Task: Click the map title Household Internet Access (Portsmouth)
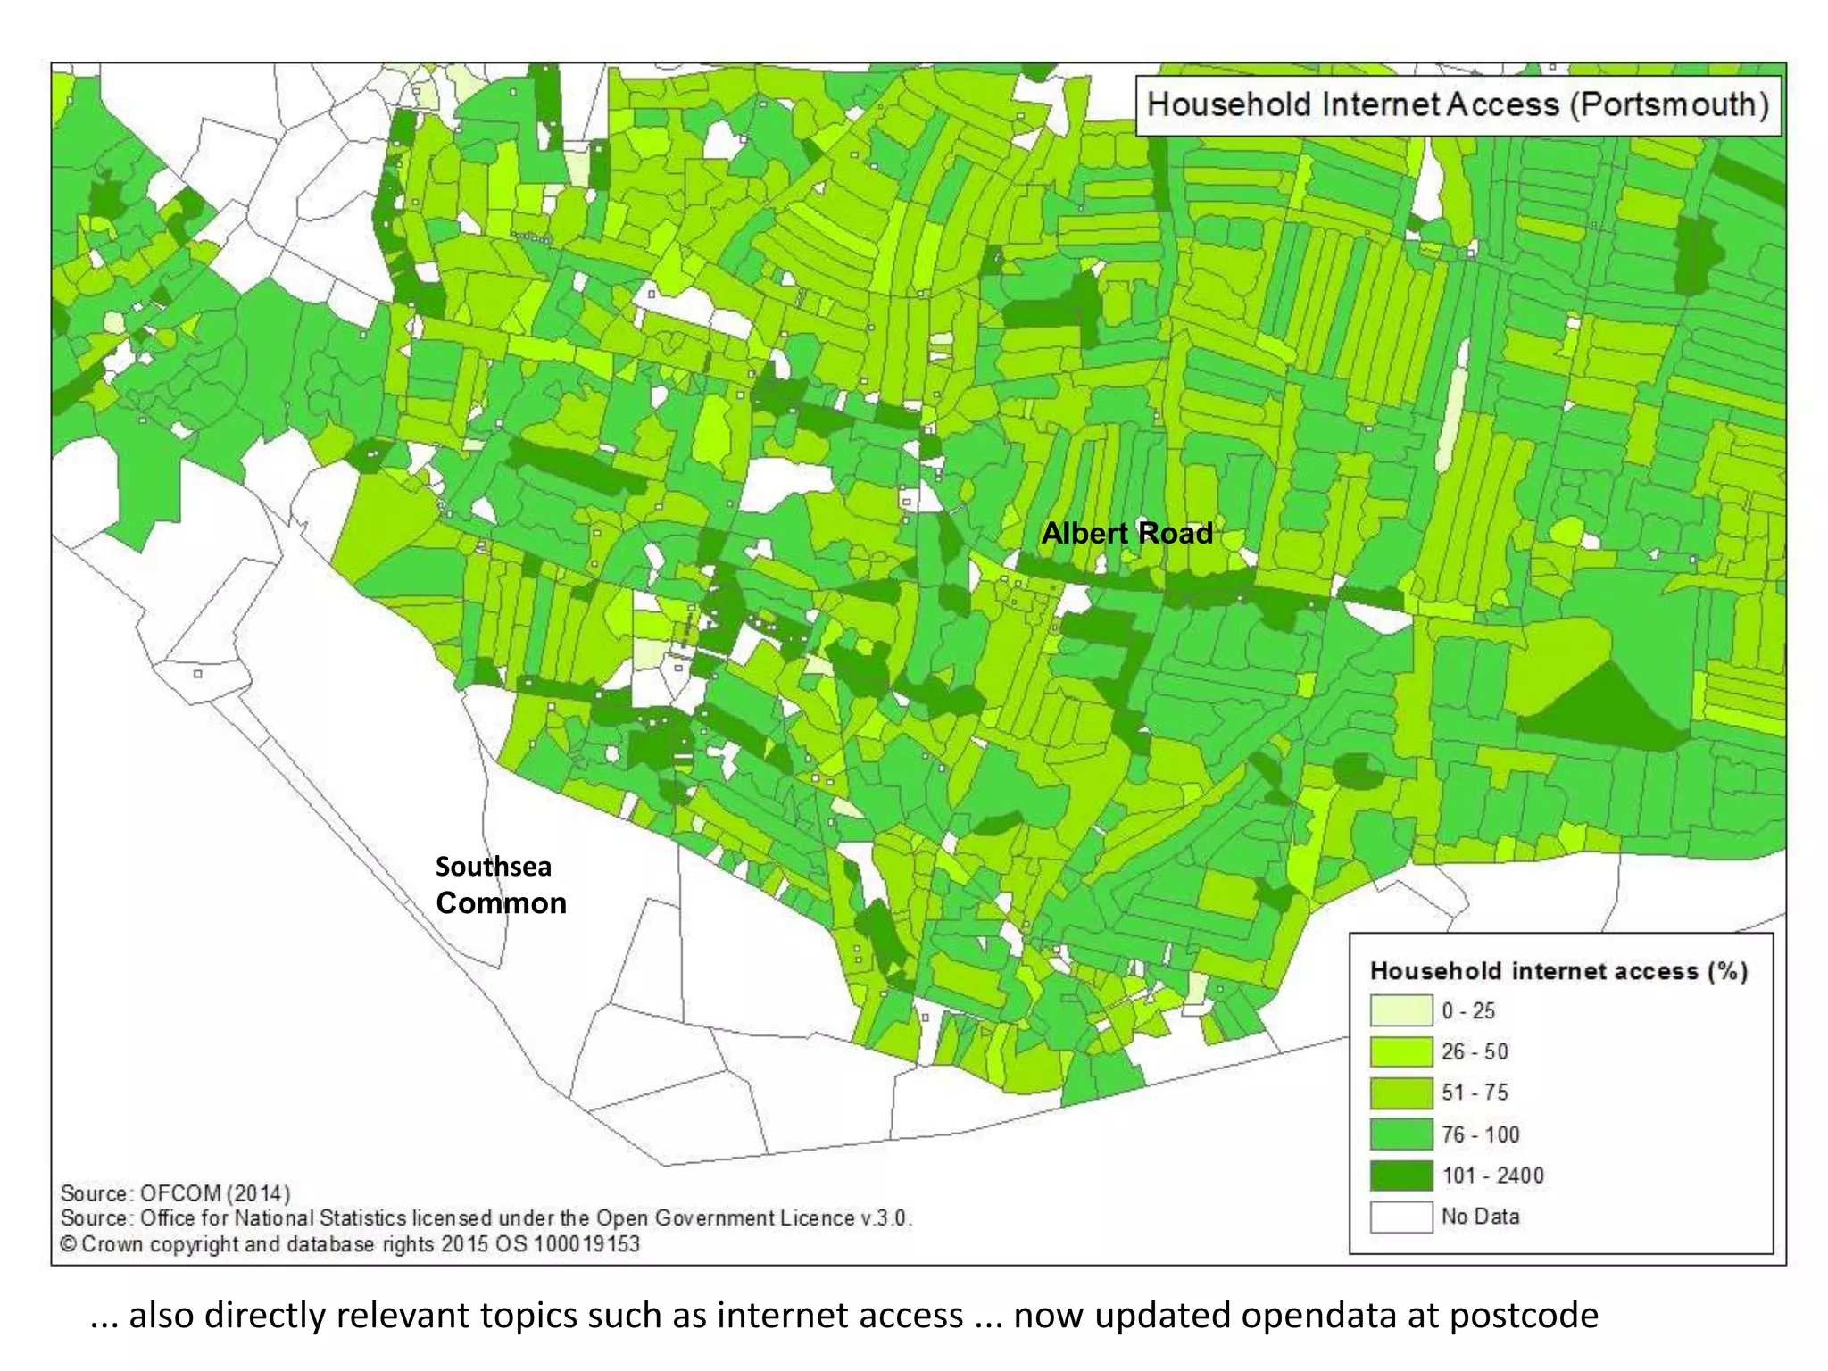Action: pyautogui.click(x=1457, y=104)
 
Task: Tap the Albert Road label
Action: pyautogui.click(x=1126, y=533)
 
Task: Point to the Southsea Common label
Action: pyautogui.click(x=500, y=885)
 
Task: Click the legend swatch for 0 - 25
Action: pyautogui.click(x=1401, y=1010)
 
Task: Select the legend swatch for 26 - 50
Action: pyautogui.click(x=1401, y=1051)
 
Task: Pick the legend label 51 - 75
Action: pyautogui.click(x=1475, y=1093)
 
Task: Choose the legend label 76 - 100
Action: pyautogui.click(x=1480, y=1134)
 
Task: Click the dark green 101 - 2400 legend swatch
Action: pyautogui.click(x=1401, y=1176)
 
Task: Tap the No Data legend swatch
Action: pyautogui.click(x=1401, y=1217)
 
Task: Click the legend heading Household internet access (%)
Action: pyautogui.click(x=1558, y=971)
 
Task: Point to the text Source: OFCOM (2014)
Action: pyautogui.click(x=175, y=1193)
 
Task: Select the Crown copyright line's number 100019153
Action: pyautogui.click(x=586, y=1244)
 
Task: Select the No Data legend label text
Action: pyautogui.click(x=1480, y=1217)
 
